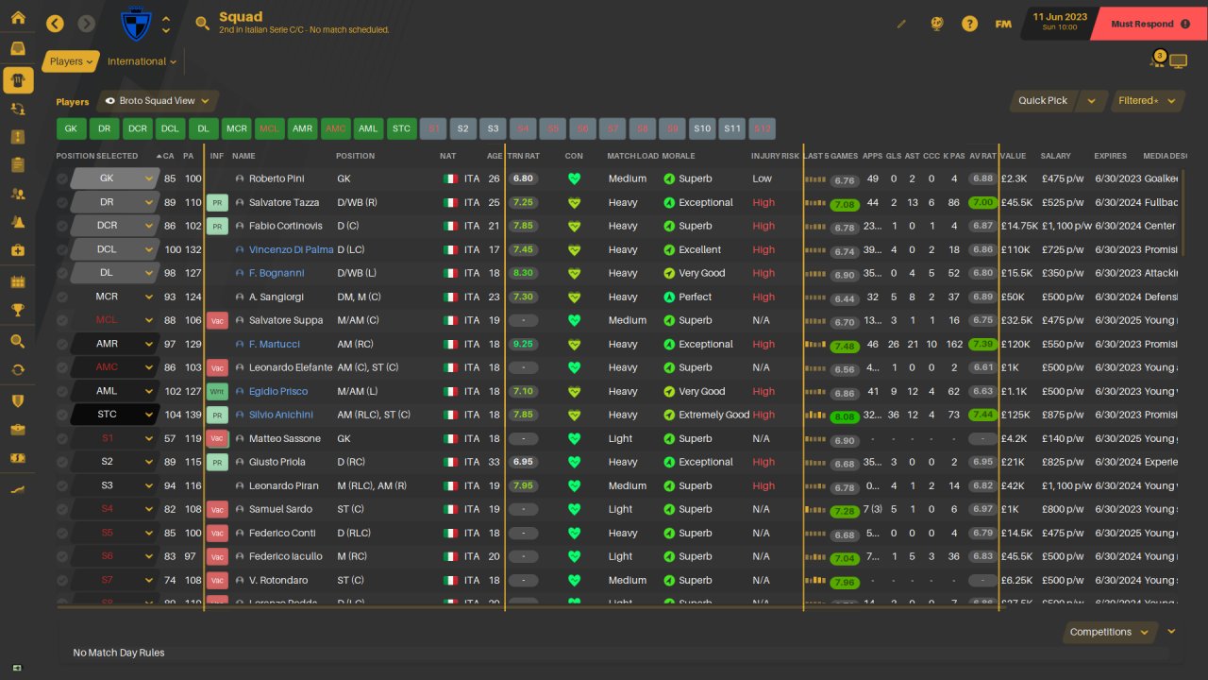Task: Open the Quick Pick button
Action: (1043, 101)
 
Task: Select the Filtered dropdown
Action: (1145, 101)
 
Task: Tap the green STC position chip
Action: (401, 128)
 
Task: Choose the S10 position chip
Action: (701, 128)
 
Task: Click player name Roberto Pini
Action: (281, 178)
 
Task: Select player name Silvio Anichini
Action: (280, 415)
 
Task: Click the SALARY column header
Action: (1055, 156)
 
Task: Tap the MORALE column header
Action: (679, 156)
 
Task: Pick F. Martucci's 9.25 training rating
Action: (523, 345)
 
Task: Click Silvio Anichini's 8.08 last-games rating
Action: (845, 416)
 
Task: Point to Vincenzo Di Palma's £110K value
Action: (1015, 250)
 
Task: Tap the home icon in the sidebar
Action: (18, 18)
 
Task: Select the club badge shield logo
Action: (137, 24)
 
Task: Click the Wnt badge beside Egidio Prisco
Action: (217, 391)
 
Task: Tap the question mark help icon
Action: (969, 24)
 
